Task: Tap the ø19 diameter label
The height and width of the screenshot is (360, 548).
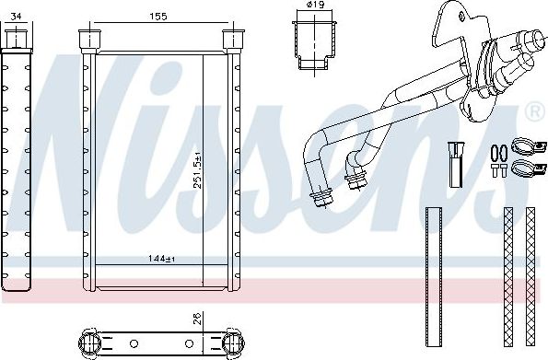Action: pyautogui.click(x=315, y=6)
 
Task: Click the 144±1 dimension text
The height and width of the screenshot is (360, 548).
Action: pyautogui.click(x=162, y=259)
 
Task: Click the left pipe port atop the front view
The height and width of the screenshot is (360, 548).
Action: pyautogui.click(x=90, y=41)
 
